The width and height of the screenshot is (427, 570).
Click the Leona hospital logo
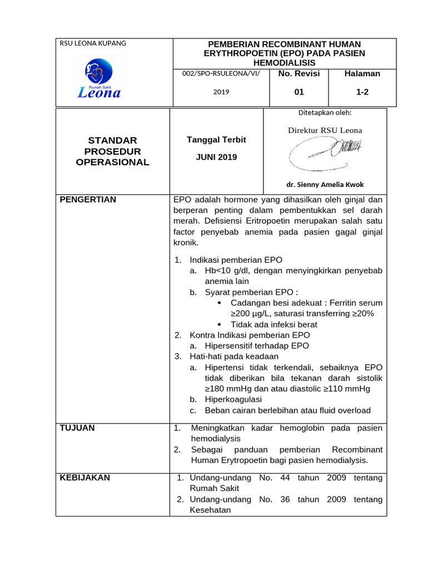[98, 79]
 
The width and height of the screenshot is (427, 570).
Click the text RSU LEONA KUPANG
[93, 43]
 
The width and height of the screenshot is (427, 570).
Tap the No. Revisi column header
[299, 73]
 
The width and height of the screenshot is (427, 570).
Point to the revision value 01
[299, 92]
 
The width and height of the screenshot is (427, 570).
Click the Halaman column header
[362, 73]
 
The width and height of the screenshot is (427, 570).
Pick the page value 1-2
[362, 92]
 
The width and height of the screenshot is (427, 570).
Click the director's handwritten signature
[325, 151]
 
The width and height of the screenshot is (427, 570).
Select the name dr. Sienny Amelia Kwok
[325, 185]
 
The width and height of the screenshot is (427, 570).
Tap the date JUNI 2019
[216, 157]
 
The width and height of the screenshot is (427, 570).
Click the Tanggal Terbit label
[216, 140]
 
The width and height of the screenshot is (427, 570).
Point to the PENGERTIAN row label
[88, 200]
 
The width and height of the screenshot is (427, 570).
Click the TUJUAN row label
[77, 427]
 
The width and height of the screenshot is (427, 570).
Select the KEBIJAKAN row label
[85, 478]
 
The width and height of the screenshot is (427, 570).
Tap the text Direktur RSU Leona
[325, 130]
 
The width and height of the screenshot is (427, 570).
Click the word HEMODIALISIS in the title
[284, 62]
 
